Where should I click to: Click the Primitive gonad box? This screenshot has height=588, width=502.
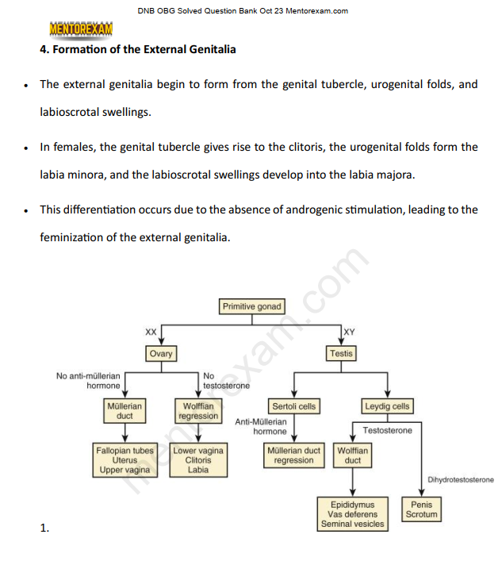point(251,306)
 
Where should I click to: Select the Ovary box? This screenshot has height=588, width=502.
point(160,353)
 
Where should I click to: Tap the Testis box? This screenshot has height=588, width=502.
point(342,353)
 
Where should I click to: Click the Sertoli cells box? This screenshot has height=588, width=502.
point(294,406)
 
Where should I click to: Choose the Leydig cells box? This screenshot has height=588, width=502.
point(387,406)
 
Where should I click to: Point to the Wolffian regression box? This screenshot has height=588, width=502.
point(198,411)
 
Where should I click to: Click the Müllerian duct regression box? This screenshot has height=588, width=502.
point(294,455)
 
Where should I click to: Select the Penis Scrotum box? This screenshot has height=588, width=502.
point(421,509)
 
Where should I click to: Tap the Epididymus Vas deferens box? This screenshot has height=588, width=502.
point(354,514)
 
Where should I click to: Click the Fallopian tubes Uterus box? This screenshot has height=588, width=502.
point(125,460)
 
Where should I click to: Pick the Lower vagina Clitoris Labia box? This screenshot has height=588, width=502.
point(198,460)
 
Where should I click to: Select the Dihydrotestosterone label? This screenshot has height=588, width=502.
point(460,480)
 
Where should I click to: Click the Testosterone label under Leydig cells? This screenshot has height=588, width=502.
point(387,430)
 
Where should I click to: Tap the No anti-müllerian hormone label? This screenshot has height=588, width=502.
point(89,380)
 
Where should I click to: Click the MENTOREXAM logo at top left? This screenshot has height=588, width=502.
point(81,29)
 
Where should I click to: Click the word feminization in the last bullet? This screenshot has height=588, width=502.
point(74,236)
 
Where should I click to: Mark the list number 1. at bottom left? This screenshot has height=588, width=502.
point(45,527)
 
